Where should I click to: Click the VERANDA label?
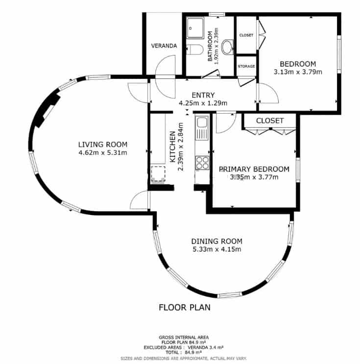click(x=164, y=46)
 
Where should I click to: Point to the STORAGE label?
click(x=246, y=66)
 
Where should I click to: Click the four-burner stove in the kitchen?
click(x=202, y=163)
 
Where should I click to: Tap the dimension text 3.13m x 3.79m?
click(x=298, y=72)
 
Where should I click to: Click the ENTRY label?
click(x=203, y=95)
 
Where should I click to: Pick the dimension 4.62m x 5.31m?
click(x=103, y=152)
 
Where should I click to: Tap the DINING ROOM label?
click(x=216, y=241)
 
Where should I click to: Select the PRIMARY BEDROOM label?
click(x=254, y=169)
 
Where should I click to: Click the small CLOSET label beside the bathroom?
click(x=246, y=35)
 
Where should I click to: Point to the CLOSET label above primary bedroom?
click(x=270, y=121)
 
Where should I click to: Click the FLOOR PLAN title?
click(x=185, y=308)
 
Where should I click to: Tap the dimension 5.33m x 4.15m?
click(x=216, y=249)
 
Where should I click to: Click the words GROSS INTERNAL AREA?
click(x=184, y=337)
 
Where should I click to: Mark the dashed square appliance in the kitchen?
click(x=157, y=173)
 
